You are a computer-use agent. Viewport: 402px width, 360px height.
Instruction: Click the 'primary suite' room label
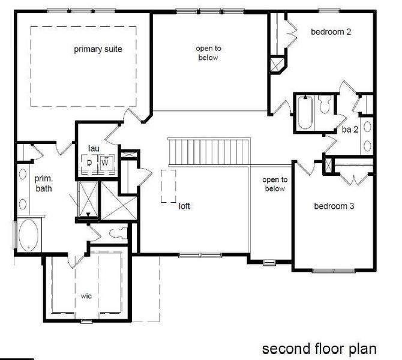click(98, 49)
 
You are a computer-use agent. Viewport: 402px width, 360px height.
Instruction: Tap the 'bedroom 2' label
click(331, 32)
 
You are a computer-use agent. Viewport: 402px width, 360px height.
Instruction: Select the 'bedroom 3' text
click(334, 206)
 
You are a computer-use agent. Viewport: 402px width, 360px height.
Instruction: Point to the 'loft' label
click(185, 206)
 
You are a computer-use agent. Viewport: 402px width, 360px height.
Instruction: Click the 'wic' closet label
click(86, 296)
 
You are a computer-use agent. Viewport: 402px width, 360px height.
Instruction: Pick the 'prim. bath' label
click(43, 183)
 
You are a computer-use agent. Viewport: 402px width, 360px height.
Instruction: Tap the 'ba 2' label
click(350, 130)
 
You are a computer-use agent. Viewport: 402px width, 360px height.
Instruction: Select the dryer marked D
click(89, 163)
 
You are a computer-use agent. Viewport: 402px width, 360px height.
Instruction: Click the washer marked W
click(104, 163)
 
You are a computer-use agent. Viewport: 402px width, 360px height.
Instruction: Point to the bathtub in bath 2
click(304, 113)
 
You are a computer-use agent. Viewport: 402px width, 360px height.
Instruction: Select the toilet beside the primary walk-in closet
click(117, 233)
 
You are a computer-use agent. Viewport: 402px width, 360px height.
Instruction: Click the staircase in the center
click(208, 150)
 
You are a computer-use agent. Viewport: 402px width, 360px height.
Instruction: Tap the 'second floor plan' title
click(319, 348)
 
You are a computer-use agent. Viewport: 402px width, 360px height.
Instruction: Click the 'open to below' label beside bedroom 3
click(275, 184)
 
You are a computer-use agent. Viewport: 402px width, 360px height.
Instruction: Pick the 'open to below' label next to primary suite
click(206, 53)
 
